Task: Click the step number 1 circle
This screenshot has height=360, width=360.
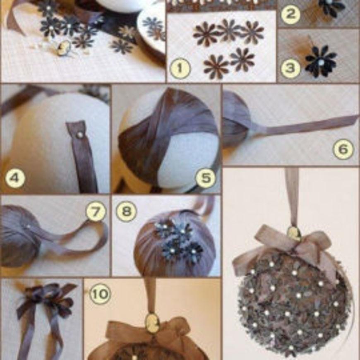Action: pos(180,68)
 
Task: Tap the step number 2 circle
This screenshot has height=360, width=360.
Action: pos(290,14)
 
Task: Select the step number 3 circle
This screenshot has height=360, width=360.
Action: pos(290,68)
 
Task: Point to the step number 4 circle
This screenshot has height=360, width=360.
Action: pos(15,178)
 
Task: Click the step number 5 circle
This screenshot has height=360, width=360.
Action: pos(206,178)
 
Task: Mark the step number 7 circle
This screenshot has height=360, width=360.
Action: pos(96,211)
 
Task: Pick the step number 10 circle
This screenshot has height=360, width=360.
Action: pos(100,294)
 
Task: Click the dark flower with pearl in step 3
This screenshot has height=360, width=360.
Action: pos(321,61)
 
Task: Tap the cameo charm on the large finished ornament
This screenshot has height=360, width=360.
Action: pos(294,234)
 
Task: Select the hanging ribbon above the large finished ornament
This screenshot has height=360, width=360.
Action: pos(292,197)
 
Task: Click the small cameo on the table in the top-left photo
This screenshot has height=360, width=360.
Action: pos(62,49)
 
